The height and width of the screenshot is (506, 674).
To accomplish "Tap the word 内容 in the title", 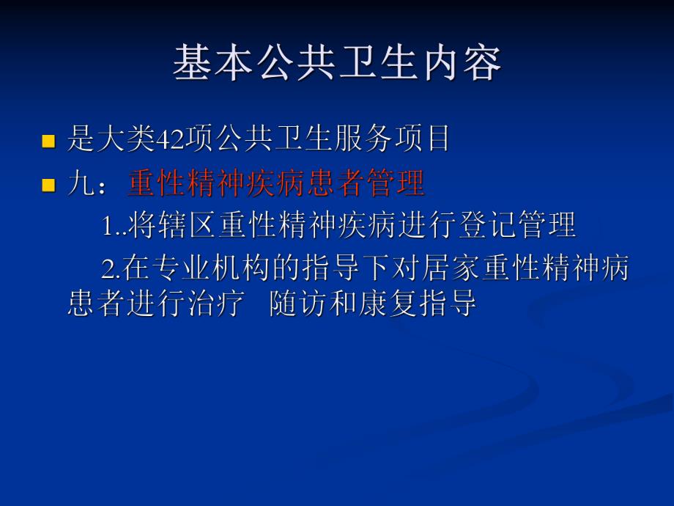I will pos(461,63).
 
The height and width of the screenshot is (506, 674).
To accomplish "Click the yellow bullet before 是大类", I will pos(49,141).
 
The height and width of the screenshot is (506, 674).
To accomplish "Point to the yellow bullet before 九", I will pos(49,186).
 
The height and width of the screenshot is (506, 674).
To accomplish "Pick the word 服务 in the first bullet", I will pos(364,139).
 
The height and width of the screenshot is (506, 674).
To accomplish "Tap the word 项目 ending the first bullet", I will pos(424,139).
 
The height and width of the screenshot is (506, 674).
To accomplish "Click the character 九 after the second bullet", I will pos(79,184).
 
